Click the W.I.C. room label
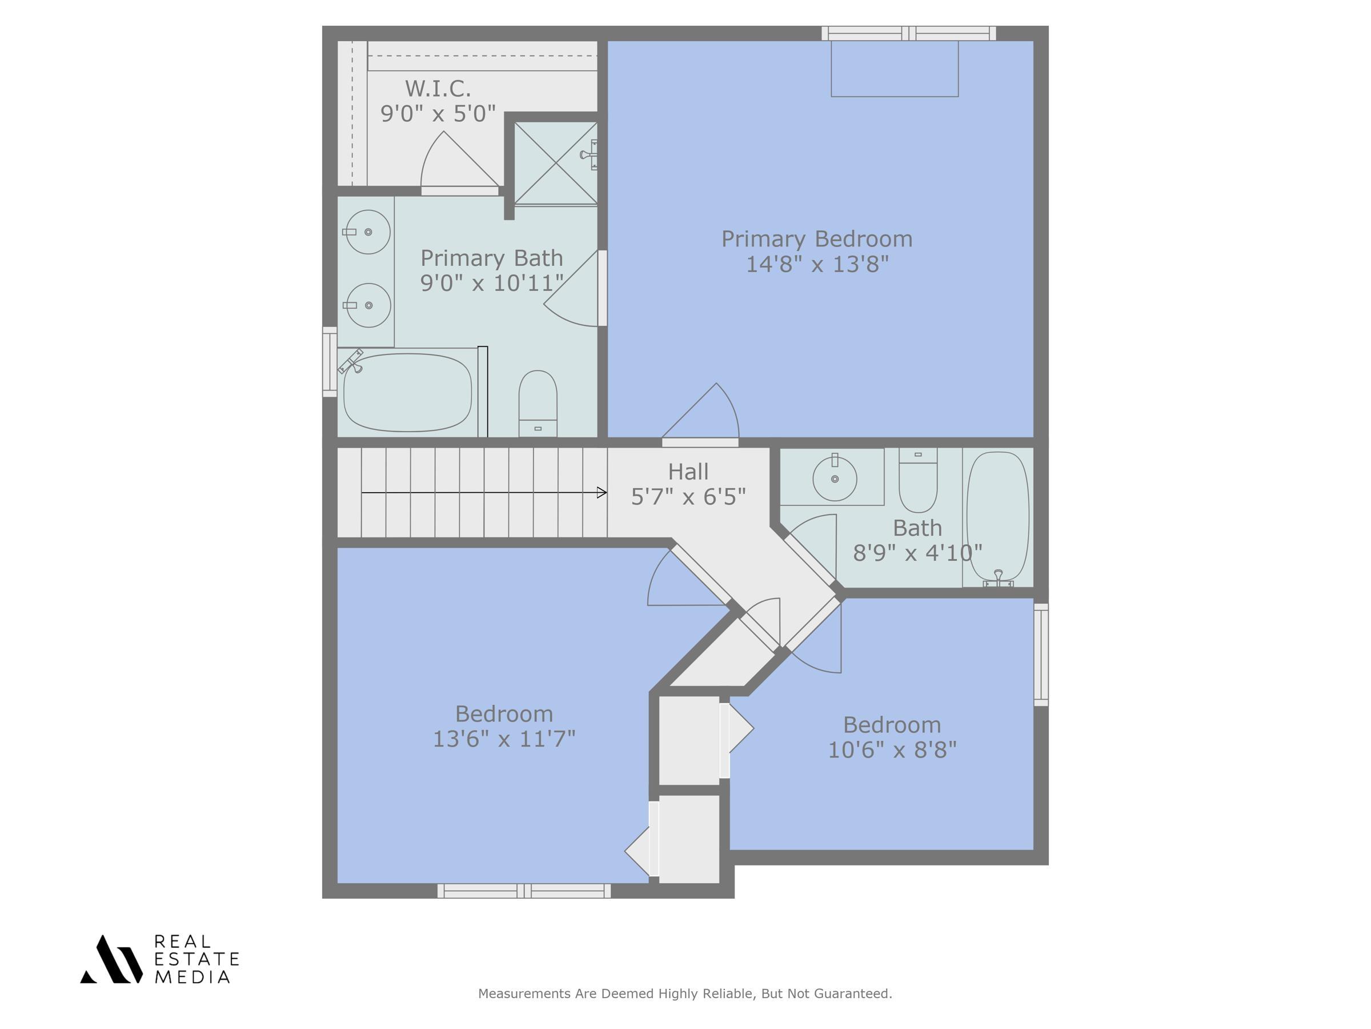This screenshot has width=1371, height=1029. click(438, 89)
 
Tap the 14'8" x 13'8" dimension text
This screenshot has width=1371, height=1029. click(817, 264)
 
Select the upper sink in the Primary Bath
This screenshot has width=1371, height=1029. click(367, 232)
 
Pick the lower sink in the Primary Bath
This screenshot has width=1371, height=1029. click(368, 305)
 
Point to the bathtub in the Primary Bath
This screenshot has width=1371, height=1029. click(407, 393)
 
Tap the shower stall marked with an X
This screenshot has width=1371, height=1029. click(555, 163)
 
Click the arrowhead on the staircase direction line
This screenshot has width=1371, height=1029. click(601, 492)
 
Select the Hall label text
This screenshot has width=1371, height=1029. click(688, 472)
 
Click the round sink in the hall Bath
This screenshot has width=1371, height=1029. click(834, 478)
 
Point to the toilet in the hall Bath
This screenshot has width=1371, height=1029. click(918, 480)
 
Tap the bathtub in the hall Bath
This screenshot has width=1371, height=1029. click(997, 516)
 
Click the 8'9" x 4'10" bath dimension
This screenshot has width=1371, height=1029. click(917, 553)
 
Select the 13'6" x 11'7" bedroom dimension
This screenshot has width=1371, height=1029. click(504, 739)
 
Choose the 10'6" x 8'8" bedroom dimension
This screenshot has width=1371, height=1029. click(892, 750)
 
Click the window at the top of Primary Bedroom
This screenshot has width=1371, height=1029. click(908, 34)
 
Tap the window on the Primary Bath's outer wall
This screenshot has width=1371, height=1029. click(330, 362)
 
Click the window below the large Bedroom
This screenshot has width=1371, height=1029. click(524, 891)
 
